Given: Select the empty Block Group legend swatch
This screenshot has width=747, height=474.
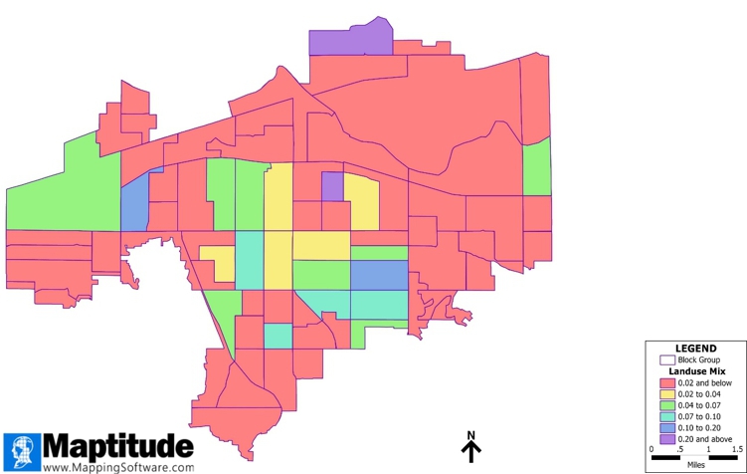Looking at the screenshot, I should [667, 359].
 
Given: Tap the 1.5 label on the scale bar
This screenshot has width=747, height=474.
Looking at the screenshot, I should [737, 450].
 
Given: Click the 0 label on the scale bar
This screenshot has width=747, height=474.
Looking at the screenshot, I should [653, 450].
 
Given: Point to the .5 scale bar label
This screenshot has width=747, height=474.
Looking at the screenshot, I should [679, 450].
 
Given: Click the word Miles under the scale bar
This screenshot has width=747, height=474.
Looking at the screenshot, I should [695, 465].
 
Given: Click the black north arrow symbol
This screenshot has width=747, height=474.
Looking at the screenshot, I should [471, 452].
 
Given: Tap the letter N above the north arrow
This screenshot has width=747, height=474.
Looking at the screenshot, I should [471, 435].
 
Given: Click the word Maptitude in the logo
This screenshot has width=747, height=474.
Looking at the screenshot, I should [117, 444].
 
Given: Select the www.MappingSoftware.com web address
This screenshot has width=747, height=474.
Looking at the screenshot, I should [118, 466].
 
